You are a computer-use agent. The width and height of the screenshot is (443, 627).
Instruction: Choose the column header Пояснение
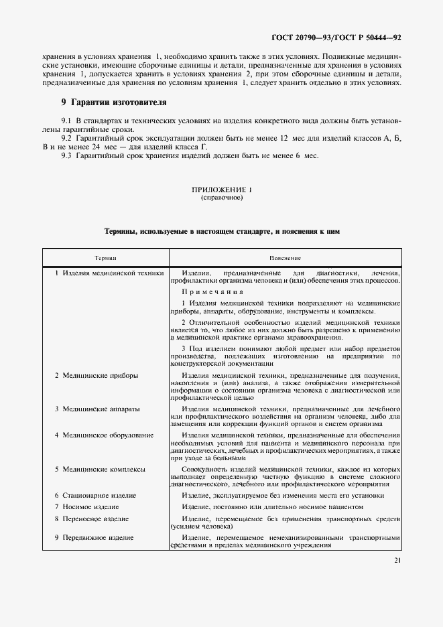click(285, 257)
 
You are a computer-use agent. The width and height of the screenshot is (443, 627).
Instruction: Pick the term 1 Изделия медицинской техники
click(109, 273)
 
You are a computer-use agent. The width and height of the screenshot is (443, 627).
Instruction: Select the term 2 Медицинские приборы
click(96, 375)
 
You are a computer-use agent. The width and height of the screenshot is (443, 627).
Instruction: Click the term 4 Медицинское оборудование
click(104, 435)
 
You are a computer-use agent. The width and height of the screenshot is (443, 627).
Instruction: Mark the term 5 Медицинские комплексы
click(100, 469)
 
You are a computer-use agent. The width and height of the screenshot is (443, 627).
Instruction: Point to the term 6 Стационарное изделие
click(95, 495)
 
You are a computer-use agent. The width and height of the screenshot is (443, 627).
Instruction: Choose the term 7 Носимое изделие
click(86, 507)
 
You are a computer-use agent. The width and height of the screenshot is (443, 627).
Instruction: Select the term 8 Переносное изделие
click(92, 519)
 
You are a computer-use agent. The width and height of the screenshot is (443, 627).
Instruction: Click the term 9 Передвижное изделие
click(93, 537)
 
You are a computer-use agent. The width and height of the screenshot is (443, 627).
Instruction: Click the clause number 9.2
click(66, 137)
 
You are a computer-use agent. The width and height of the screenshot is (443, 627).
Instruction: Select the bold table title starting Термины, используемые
click(221, 231)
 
